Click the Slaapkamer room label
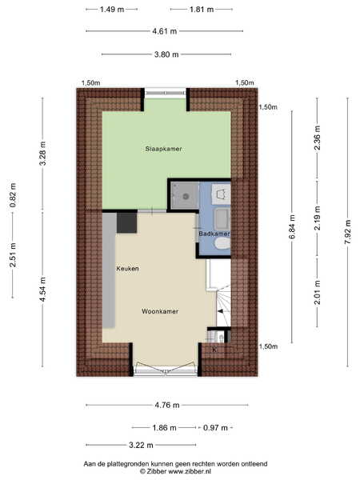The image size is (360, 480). (x=163, y=149)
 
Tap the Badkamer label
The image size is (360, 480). (x=214, y=234)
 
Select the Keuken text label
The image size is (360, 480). (x=127, y=269)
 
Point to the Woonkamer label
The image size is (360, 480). (x=160, y=311)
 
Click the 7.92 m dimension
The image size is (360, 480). (x=348, y=232)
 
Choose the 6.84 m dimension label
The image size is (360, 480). (x=292, y=227)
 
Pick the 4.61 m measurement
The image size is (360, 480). (x=165, y=31)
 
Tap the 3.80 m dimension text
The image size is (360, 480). (x=166, y=54)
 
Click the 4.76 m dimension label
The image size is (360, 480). (x=167, y=406)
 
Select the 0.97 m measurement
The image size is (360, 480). (x=215, y=428)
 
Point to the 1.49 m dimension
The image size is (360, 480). (x=112, y=10)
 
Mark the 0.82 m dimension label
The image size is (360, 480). (x=13, y=195)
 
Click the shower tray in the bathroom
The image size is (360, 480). (x=186, y=196)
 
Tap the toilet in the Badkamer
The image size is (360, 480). (x=222, y=244)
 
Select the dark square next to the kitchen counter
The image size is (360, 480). (x=126, y=222)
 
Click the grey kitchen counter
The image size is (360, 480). (x=109, y=270)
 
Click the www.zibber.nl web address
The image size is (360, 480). (x=190, y=471)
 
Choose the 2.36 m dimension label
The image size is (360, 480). (x=317, y=138)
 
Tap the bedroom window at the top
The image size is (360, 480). (x=166, y=93)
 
